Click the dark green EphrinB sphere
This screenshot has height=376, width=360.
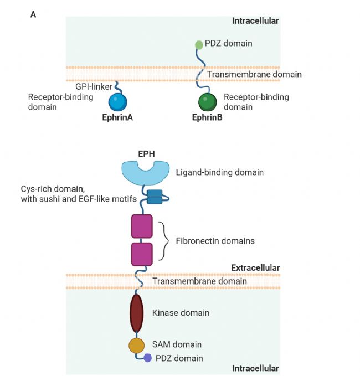[208, 102]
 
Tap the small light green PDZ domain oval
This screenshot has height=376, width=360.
[199, 44]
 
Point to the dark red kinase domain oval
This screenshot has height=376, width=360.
[137, 313]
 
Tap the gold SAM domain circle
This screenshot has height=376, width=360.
[137, 345]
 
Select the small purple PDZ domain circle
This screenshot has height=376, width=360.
[148, 358]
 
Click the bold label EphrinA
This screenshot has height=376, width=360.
[117, 117]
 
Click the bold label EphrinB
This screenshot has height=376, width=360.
[207, 117]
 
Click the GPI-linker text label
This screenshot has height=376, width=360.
[94, 86]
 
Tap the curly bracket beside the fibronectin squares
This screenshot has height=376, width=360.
[163, 240]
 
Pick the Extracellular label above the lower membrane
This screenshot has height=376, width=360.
[255, 268]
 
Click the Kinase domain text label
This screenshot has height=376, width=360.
[181, 313]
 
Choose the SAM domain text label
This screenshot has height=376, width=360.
[177, 344]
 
